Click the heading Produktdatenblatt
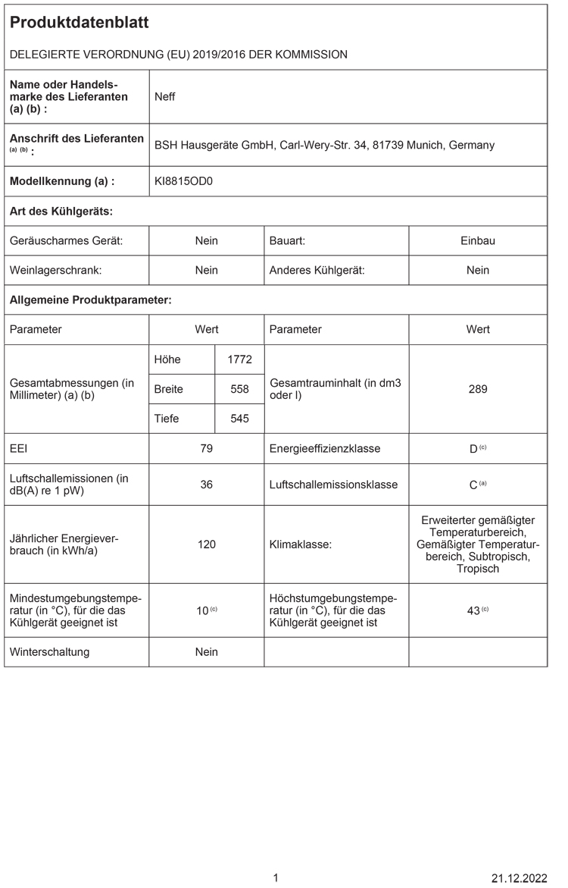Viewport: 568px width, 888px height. click(80, 24)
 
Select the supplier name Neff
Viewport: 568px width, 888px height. click(164, 97)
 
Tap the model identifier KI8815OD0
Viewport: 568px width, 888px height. click(184, 181)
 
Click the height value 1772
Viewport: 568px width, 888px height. click(239, 359)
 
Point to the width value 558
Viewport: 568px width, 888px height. click(239, 389)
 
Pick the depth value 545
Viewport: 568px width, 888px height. click(239, 419)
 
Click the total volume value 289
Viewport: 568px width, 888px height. click(478, 389)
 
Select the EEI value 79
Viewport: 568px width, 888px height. click(206, 448)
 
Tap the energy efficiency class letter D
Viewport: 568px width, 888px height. click(473, 449)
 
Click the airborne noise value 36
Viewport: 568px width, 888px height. click(206, 484)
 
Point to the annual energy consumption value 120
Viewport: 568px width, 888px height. click(206, 544)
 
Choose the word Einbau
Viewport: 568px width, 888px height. click(478, 240)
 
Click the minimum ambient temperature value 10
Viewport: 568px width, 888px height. click(202, 610)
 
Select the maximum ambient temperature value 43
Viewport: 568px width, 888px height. click(473, 610)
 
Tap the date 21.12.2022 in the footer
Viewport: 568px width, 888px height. click(519, 878)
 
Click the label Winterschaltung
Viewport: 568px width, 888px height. click(49, 651)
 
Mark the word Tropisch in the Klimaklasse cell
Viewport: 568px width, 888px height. click(478, 569)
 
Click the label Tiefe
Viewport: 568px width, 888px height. click(167, 419)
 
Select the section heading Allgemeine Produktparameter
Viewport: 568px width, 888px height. click(90, 300)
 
